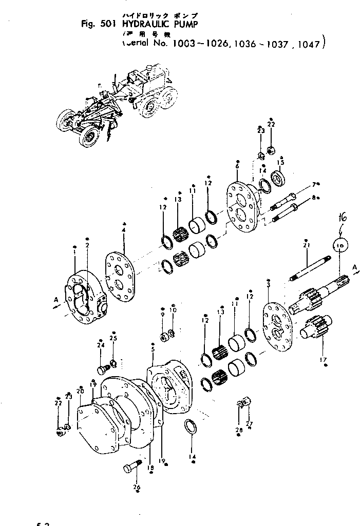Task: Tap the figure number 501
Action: coord(110,23)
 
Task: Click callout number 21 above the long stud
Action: coord(306,246)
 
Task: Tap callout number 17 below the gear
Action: coord(324,359)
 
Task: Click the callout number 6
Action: coord(237,166)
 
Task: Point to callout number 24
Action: coord(101,345)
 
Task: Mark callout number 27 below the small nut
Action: coord(250,424)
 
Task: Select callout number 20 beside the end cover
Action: coord(80,391)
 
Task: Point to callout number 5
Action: coord(153,349)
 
